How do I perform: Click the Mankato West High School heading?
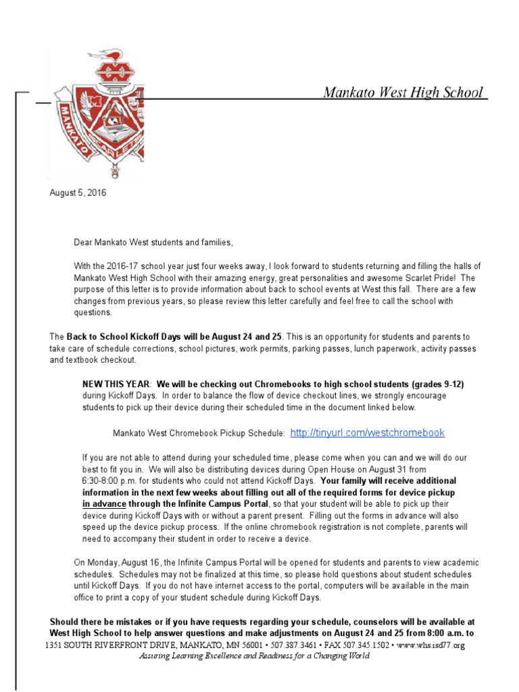point(403,92)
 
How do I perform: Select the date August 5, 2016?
point(78,193)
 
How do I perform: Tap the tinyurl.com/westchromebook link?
point(367,432)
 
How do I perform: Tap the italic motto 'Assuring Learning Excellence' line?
point(254,656)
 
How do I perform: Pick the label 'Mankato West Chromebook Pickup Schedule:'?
point(199,433)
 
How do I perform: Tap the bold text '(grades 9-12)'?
point(437,384)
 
